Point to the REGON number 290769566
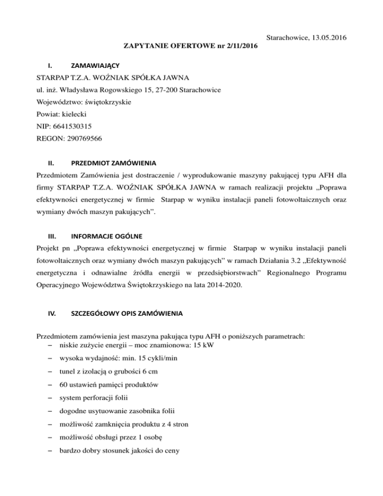pyautogui.click(x=85, y=140)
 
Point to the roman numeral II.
pyautogui.click(x=50, y=163)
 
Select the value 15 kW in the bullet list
pyautogui.click(x=205, y=344)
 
